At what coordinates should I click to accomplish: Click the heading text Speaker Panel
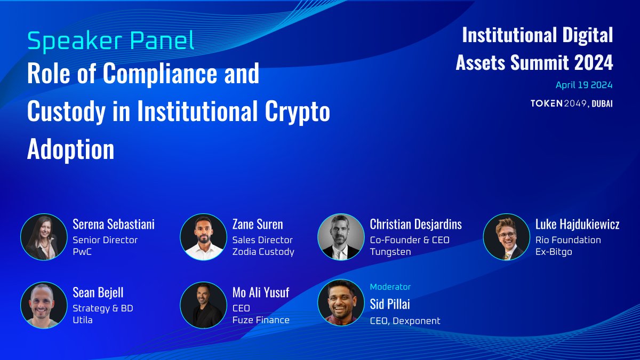110,42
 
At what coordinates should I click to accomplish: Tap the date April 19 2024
584,85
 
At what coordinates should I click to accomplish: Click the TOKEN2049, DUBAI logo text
571,103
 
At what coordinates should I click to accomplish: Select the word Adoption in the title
70,150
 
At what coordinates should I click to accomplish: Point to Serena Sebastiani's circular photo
44,237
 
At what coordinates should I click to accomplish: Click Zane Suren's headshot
203,237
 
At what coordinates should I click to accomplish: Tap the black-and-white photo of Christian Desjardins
341,237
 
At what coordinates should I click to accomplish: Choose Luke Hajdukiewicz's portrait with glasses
506,237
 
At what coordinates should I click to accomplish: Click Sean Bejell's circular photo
44,305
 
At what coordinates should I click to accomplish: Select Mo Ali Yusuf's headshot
203,305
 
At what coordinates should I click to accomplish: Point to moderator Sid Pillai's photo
341,302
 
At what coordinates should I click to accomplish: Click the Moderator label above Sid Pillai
390,287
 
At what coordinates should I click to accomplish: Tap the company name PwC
82,252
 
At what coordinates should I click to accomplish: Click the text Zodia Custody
263,252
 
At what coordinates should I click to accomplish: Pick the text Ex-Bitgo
554,252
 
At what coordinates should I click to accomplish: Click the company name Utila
83,320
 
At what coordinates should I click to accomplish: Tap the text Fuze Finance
261,320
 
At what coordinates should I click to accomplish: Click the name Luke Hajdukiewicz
577,225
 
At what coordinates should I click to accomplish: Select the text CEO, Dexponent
405,321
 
